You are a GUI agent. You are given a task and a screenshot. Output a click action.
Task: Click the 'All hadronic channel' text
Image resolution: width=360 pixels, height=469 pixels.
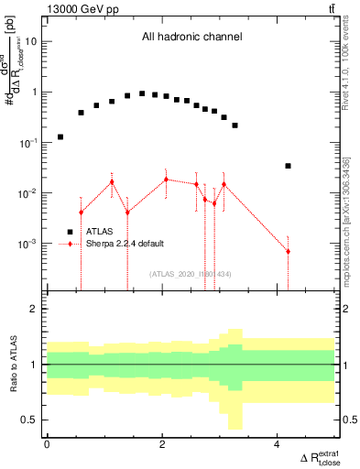coord(191,38)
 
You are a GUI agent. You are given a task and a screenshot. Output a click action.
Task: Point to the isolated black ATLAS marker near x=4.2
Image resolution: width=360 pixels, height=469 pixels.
coord(288,166)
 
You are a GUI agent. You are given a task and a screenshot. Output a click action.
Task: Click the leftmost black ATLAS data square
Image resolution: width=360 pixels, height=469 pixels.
coord(60,136)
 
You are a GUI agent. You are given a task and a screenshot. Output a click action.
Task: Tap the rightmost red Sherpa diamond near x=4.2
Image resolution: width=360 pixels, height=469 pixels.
coord(288,251)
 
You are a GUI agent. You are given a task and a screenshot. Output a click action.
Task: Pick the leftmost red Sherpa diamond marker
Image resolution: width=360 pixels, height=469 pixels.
coord(81,213)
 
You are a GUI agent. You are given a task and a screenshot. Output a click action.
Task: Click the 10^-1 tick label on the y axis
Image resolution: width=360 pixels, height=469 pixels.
coord(27,143)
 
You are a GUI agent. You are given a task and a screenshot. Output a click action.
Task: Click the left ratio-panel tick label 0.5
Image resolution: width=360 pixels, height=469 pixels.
coord(29,420)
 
